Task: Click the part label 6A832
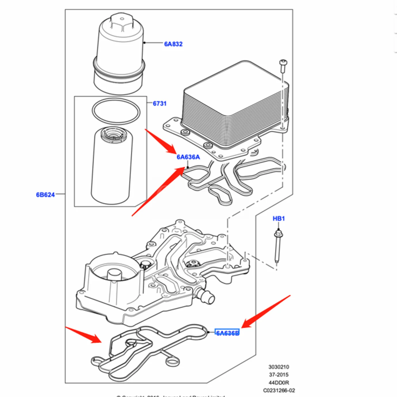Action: [173, 44]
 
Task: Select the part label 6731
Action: [159, 104]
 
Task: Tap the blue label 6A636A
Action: [188, 157]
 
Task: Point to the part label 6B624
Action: [45, 195]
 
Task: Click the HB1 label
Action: [278, 219]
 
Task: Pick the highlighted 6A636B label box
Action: [227, 333]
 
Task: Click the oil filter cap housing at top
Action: [119, 55]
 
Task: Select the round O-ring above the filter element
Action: [116, 111]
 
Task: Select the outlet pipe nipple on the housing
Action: [206, 296]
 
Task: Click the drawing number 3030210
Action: [278, 367]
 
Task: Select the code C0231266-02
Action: [279, 390]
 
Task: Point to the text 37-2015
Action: [278, 375]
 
